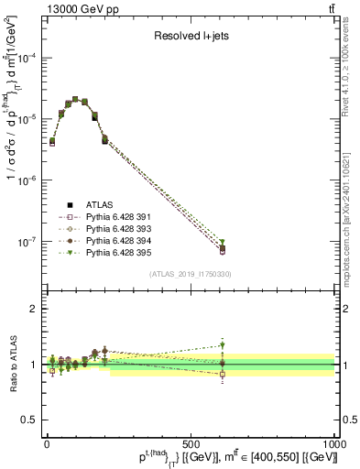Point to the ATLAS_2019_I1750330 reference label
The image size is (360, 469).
coord(190,274)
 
